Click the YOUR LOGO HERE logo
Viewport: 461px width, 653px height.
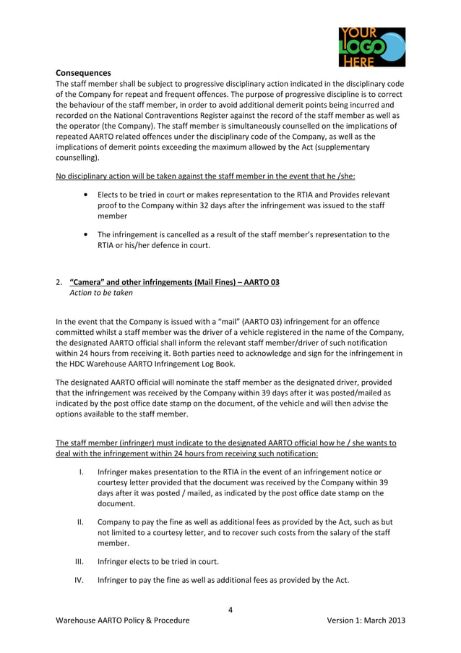point(371,47)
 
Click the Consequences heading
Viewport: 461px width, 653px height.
point(83,73)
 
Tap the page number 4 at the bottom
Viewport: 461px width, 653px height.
point(231,610)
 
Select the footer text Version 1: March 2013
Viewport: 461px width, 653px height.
point(366,620)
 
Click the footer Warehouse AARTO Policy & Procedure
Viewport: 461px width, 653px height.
point(123,620)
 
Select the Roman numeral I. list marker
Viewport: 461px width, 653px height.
point(81,472)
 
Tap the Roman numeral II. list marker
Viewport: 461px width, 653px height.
point(81,521)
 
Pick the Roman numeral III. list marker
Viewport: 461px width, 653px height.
point(81,560)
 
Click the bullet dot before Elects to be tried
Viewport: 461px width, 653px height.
point(87,195)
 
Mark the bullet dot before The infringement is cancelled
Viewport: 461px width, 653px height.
point(87,234)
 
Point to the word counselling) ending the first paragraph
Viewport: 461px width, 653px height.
point(78,157)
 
